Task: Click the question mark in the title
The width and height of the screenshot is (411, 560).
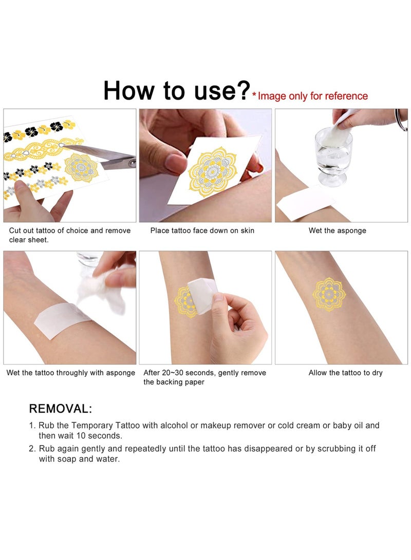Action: coord(241,90)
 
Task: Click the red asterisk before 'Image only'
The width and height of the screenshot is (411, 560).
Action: coord(254,96)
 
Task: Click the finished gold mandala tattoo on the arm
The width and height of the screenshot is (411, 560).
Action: coord(329,293)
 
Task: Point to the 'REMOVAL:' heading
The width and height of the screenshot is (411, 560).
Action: coord(61,409)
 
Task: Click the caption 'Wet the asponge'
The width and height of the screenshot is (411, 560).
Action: coord(337,230)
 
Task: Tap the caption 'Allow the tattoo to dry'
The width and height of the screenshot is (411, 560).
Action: coord(345,373)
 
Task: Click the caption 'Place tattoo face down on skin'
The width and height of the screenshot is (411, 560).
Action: coord(202,230)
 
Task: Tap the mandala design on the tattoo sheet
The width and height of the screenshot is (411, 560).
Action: coord(81,167)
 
